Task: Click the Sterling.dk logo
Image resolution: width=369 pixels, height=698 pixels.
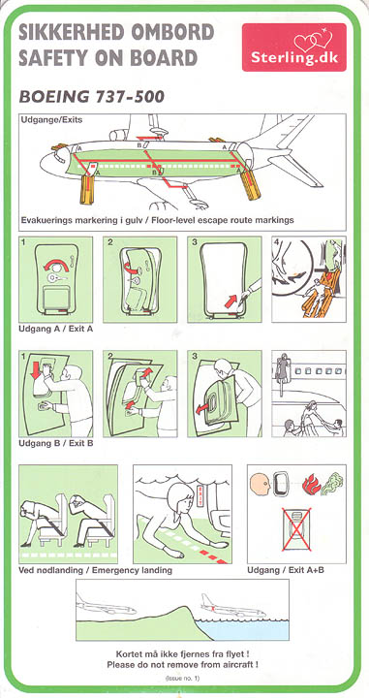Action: pos(293,48)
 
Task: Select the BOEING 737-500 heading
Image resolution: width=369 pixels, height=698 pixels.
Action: pos(92,96)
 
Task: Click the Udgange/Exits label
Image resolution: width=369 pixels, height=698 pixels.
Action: pos(51,120)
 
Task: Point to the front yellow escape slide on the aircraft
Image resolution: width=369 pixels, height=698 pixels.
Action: pos(87,189)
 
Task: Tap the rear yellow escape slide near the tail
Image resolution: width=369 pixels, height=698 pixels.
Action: pos(250,184)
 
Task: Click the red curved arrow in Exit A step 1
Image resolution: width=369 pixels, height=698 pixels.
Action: pos(56,265)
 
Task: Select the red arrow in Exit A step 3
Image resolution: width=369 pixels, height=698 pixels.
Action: pos(231,301)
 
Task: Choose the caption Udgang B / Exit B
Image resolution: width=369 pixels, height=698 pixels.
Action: pos(55,444)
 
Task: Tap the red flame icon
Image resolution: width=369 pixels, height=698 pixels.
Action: pos(312,485)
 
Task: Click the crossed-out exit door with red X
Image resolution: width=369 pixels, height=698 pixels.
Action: pos(296,529)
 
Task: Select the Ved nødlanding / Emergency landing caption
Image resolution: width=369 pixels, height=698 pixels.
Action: pos(95,570)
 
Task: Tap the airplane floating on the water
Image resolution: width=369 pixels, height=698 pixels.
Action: pos(233,607)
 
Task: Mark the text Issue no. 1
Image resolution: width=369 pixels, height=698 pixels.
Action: pos(183,679)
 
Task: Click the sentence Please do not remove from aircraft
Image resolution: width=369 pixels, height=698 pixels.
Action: pos(183,665)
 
